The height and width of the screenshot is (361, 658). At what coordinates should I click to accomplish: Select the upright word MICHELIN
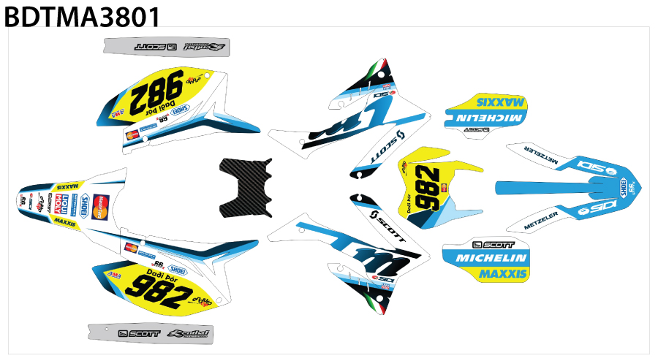point(491,259)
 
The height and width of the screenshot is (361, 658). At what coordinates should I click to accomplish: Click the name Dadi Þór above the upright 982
point(162,274)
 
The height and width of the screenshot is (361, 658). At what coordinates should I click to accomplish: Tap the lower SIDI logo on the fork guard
point(598,209)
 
